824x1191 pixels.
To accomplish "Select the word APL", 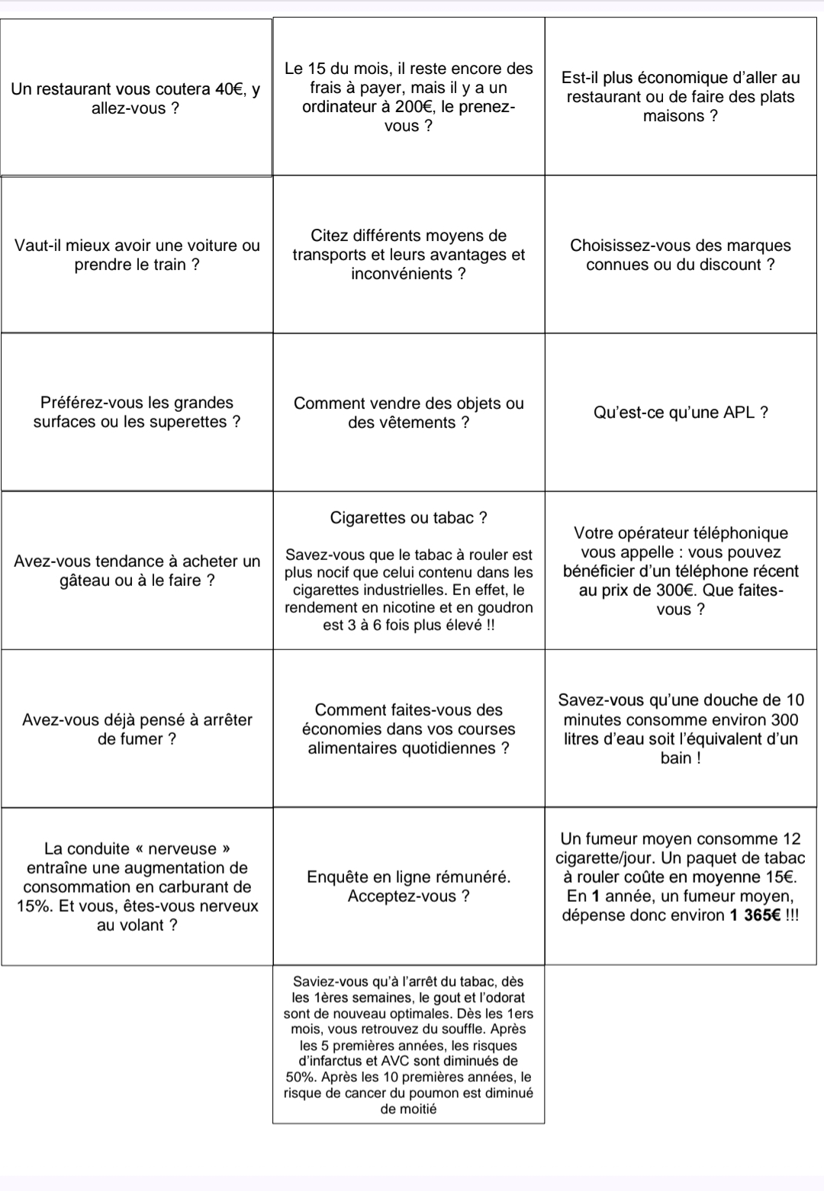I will [734, 413].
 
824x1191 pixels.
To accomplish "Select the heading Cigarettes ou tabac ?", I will [409, 518].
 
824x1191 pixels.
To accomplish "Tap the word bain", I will [676, 758].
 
